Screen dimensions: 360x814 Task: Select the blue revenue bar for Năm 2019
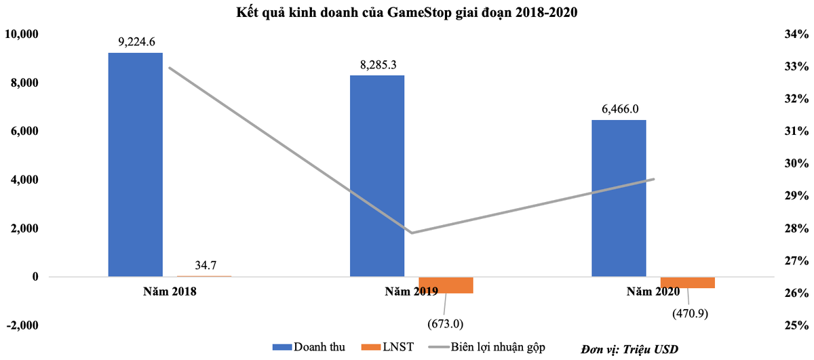pos(377,176)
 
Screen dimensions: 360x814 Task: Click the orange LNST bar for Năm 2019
pos(446,285)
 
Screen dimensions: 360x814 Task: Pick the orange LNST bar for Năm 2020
pos(688,283)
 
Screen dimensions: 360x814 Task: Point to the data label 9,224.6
pos(137,42)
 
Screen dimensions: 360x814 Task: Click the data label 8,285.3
pos(378,65)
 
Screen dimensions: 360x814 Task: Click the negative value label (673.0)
pos(444,323)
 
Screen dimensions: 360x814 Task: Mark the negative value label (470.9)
pos(689,314)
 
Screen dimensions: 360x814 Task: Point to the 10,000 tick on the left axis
pos(22,34)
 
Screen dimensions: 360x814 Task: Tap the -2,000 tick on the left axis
pos(22,325)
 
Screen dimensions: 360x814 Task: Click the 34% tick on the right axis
pos(796,34)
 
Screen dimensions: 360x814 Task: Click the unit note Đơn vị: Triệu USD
pos(629,348)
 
